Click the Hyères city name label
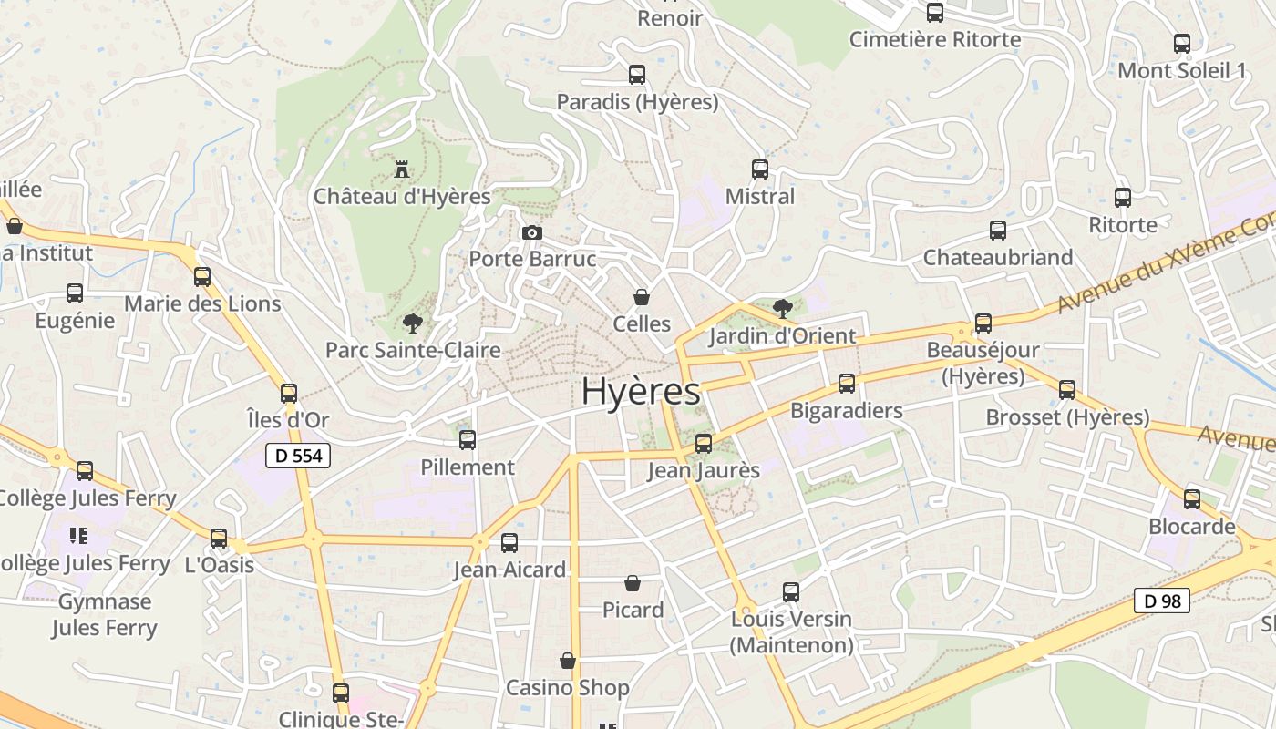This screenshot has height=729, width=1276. pos(641,391)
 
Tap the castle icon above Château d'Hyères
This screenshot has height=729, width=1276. pos(401,169)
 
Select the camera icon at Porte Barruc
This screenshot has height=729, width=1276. pos(532,233)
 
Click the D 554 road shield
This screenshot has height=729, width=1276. pos(298,456)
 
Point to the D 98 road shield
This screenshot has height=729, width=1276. pos(1162,601)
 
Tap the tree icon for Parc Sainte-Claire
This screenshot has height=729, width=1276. pos(413,323)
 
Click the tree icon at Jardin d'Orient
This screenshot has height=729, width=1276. pos(782,309)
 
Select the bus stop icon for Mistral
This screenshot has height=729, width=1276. pos(760,169)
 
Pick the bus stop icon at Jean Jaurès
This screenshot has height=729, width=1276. pos(704,444)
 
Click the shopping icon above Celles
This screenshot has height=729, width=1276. pos(642,297)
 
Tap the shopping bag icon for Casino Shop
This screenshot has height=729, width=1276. pos(568,661)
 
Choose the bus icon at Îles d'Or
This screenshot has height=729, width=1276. pos(289,394)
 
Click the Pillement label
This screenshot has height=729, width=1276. pos(468,467)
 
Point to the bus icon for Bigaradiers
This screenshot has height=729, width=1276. pos(847,384)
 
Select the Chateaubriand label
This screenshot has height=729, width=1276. pos(998,258)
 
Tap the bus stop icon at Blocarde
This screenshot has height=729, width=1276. pos(1192,499)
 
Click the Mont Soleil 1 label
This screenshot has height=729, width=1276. pos(1182,70)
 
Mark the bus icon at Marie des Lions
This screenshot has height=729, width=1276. pos(202,277)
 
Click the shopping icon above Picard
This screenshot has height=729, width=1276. pos(633,583)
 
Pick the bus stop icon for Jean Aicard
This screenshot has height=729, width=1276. pos(509,543)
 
